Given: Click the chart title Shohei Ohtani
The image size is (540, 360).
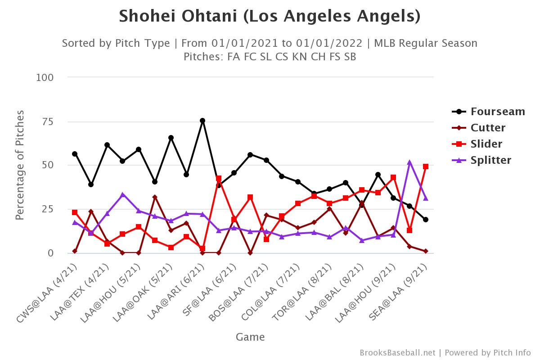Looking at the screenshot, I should [270, 17].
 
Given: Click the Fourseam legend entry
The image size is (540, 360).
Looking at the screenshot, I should [498, 112].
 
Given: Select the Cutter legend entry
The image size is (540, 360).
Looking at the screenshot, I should [488, 128].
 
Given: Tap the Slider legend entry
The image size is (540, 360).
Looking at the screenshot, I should [486, 144].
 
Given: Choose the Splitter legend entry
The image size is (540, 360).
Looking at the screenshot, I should [491, 160].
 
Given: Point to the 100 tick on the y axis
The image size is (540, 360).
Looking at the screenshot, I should [45, 77].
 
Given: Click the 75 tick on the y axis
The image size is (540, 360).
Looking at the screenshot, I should [47, 121].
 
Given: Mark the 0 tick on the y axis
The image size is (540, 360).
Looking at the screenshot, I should [50, 253].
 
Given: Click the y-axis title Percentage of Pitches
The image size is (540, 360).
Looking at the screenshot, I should [19, 165].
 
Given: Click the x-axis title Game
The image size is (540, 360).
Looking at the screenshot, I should [250, 337].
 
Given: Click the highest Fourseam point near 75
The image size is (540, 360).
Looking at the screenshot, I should [202, 121].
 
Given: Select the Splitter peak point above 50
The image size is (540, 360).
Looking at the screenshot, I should [409, 162].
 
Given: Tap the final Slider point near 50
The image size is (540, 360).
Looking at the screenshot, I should [425, 166].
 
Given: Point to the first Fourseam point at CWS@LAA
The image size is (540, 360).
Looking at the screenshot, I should [75, 154].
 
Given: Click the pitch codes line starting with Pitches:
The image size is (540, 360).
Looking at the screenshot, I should [270, 57].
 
